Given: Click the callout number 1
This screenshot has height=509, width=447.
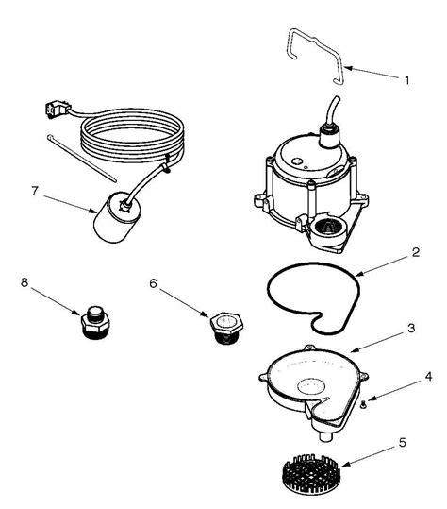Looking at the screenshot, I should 406,80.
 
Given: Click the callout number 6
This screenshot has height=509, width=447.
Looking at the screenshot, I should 154,280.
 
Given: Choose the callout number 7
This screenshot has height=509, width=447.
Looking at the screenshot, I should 34,191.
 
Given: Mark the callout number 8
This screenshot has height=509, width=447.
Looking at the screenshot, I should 24,280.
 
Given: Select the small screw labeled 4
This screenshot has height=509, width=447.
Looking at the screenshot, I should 362,404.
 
